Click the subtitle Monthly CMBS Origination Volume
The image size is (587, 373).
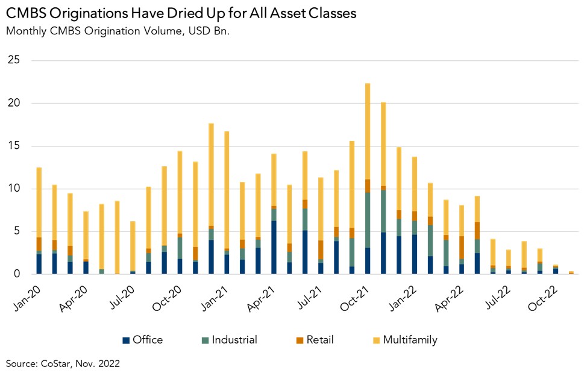click(x=118, y=31)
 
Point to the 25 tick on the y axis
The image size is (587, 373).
click(x=14, y=60)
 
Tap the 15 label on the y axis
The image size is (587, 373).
click(x=14, y=146)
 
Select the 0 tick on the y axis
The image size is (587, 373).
click(x=17, y=274)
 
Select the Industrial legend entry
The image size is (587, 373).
click(x=228, y=340)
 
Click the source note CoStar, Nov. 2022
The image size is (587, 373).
click(x=64, y=363)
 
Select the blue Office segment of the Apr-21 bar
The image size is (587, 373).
click(x=274, y=247)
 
